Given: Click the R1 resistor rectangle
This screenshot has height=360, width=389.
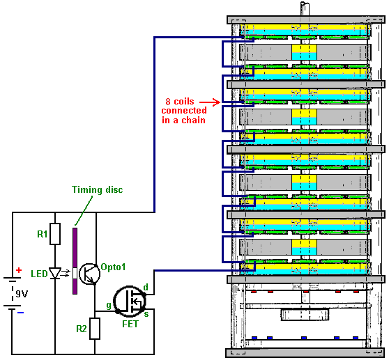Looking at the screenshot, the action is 55,234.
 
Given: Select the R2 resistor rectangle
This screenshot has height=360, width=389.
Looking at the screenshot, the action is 95,329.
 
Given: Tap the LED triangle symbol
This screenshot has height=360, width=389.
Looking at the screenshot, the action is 55,273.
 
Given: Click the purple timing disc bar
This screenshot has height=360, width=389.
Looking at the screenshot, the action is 75,261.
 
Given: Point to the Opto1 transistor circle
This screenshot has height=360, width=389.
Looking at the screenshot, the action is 89,274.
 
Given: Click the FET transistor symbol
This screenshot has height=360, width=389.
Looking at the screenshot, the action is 129,301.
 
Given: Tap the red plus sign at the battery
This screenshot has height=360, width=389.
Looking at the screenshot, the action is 19,270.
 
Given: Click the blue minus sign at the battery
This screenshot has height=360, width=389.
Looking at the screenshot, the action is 20,313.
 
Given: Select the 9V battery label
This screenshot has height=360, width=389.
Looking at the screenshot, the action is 22,294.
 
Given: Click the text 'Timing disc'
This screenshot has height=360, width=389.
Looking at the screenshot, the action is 98,189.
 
